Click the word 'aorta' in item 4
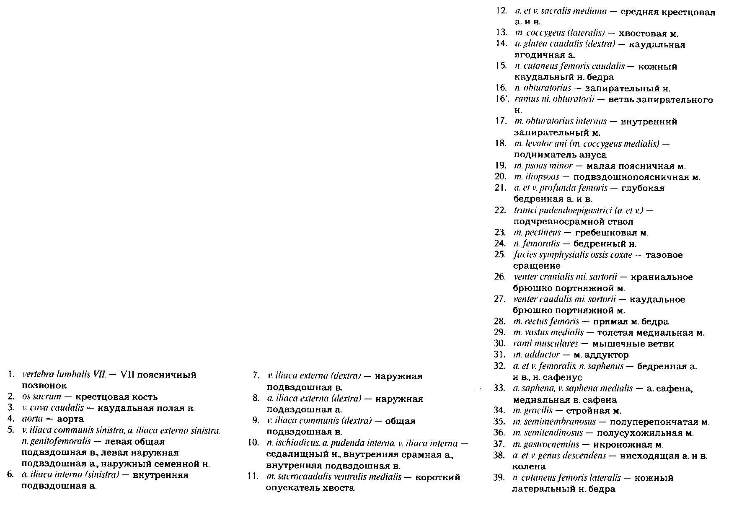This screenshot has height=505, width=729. (31, 419)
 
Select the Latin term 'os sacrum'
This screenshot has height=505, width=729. (41, 396)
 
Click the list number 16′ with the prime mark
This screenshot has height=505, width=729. (502, 99)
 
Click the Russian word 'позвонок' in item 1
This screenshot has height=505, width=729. (44, 385)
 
